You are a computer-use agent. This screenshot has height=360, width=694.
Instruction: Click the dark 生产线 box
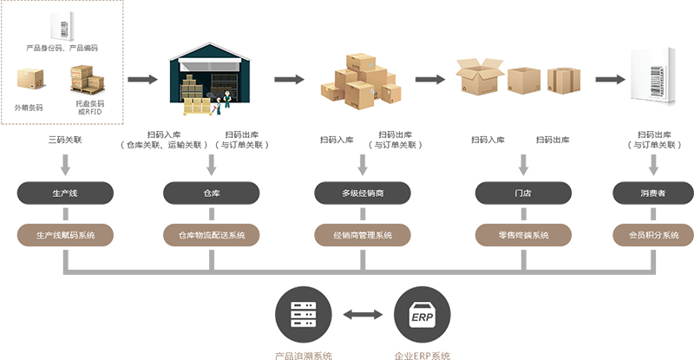coord(66,192)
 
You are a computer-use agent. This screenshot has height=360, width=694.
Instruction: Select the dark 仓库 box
coord(213,192)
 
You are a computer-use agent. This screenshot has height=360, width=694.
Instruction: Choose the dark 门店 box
coord(522,192)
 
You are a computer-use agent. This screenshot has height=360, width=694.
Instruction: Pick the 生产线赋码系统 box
coord(66,235)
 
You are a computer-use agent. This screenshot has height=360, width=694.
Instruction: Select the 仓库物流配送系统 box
coord(213,235)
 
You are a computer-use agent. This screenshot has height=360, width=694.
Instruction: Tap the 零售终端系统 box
coord(522,235)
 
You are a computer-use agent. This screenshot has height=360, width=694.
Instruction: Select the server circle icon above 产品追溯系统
coord(303,315)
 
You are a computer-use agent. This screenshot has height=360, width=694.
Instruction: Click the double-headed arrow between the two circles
coord(362,315)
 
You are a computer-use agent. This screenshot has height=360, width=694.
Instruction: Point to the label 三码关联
coord(65,139)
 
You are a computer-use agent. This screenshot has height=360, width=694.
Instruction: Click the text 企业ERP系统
coord(422,354)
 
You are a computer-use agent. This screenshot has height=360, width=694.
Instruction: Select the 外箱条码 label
coord(29,108)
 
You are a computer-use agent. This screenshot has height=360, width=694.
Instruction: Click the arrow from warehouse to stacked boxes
coord(291,79)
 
